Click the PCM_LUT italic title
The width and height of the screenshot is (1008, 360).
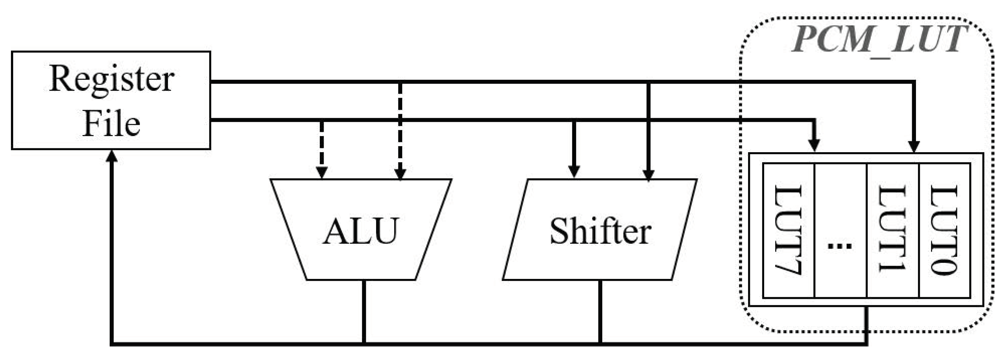click(x=878, y=39)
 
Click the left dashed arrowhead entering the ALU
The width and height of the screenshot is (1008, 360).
click(x=322, y=172)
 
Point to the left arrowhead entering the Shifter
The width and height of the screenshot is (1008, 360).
click(x=574, y=171)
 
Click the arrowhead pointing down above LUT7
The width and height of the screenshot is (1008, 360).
click(x=814, y=145)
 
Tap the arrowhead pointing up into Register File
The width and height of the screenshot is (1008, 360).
click(x=112, y=157)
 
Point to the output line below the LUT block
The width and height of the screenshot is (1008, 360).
click(x=867, y=325)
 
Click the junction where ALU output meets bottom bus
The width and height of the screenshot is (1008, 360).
click(x=364, y=344)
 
